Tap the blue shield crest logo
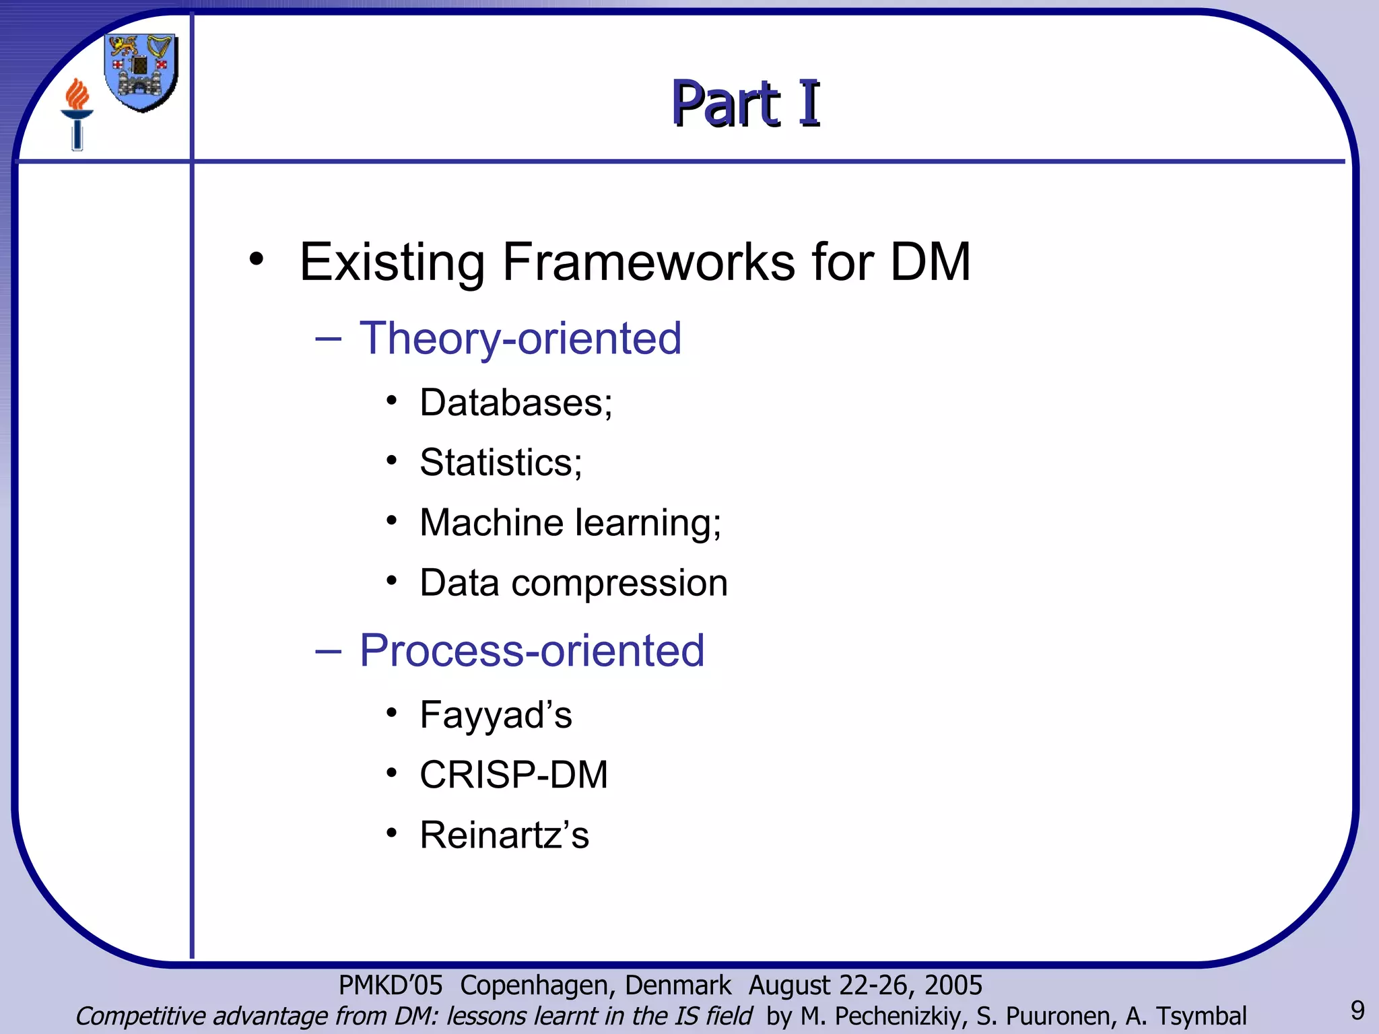tap(141, 72)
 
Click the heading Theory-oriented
tap(520, 338)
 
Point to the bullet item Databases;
tap(516, 403)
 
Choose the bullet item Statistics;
tap(500, 462)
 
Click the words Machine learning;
tap(570, 522)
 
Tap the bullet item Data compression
tap(573, 582)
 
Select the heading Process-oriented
tap(531, 650)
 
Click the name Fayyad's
tap(496, 714)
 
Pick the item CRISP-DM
tap(513, 774)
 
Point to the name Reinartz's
tap(504, 835)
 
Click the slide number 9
tap(1357, 1010)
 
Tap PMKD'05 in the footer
tap(390, 985)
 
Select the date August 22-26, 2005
tap(865, 985)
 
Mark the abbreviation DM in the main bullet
tap(930, 262)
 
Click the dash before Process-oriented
tap(328, 652)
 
